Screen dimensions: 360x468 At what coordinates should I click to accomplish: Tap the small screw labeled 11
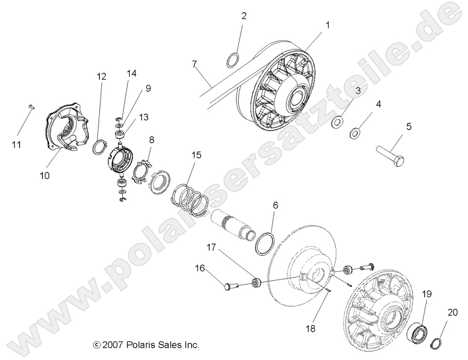(x=30, y=108)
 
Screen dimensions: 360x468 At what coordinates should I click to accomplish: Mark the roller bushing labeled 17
(x=256, y=283)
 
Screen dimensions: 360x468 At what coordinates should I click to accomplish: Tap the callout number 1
(x=328, y=25)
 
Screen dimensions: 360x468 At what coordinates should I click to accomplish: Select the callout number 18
(x=310, y=329)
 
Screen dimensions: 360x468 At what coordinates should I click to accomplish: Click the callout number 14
(x=132, y=74)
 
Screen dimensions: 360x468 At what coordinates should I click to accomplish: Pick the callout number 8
(x=152, y=139)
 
